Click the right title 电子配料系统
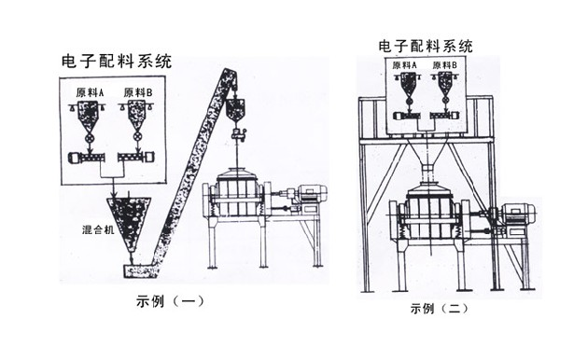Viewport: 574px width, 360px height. pos(425,45)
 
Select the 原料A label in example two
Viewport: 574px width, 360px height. pos(404,66)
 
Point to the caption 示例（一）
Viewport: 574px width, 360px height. pos(169,300)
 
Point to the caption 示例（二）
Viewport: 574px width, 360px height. pos(434,309)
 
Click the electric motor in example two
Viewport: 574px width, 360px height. pos(513,215)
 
